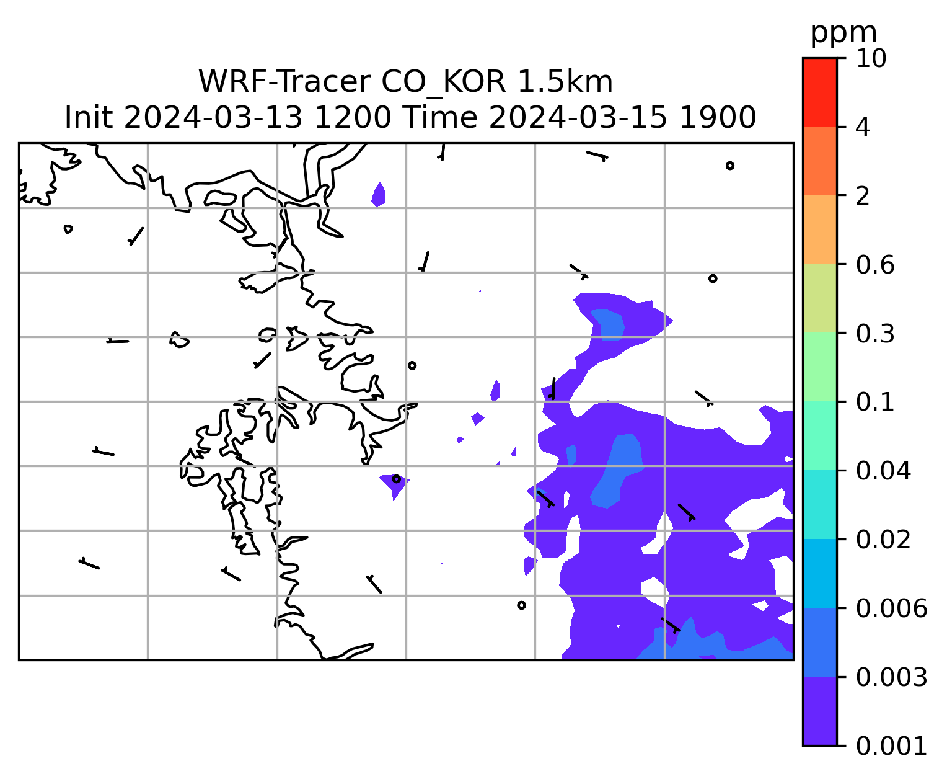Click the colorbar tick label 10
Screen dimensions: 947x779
pos(871,58)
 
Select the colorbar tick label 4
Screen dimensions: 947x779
pos(863,127)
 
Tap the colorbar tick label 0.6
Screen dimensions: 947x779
pos(875,265)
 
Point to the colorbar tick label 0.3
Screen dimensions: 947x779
pos(875,334)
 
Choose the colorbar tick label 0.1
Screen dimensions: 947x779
pos(875,402)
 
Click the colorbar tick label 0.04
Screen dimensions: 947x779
pos(883,471)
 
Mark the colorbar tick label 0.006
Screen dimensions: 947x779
pos(891,608)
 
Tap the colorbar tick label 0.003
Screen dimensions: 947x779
pos(891,677)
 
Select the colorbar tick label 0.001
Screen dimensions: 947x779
pos(891,746)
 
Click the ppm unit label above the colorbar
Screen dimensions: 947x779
pos(843,33)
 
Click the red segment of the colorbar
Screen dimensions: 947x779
pos(819,92)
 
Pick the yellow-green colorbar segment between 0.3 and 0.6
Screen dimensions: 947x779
pos(819,298)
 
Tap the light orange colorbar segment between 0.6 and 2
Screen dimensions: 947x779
pos(819,229)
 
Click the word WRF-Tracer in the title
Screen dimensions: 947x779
pos(285,82)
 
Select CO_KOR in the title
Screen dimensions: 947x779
pos(444,82)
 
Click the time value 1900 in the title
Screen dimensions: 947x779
pos(718,118)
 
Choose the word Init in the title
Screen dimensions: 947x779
pos(89,118)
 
